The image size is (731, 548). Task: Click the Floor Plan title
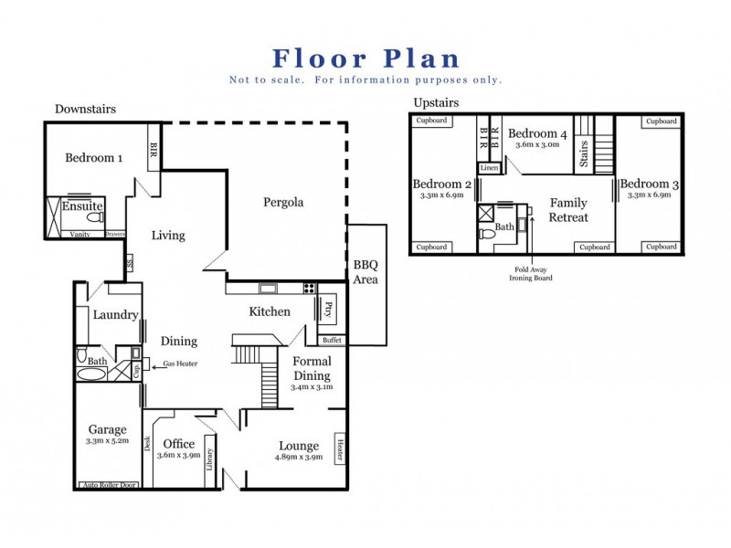pos(366,58)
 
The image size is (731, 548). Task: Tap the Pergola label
pos(283,202)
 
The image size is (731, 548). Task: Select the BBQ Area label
pos(365,272)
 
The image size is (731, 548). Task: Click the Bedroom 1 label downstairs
pos(94,157)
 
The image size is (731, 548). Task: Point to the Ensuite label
pos(82,206)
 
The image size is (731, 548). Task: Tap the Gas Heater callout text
pos(181,364)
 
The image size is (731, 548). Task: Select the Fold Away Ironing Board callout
pos(535,274)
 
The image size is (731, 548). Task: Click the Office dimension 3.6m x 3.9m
pos(178,456)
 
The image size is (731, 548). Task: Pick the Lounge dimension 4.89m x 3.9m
pos(299,457)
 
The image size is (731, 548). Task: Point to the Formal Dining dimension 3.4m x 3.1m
pos(312,386)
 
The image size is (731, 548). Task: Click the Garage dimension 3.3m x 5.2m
pos(108,440)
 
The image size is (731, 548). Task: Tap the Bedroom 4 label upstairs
pos(538,134)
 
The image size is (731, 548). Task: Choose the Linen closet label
pos(488,167)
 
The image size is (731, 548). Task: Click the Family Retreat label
pos(568,210)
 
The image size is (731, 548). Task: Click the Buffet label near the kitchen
pos(332,340)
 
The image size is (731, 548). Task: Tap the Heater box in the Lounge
pos(340,448)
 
